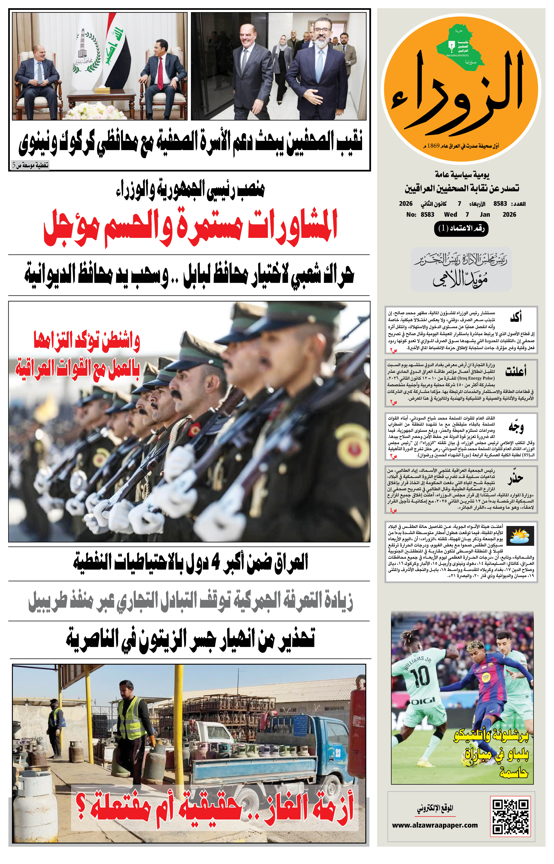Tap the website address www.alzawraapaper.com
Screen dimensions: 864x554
435,826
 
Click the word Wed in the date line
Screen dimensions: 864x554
450,214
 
